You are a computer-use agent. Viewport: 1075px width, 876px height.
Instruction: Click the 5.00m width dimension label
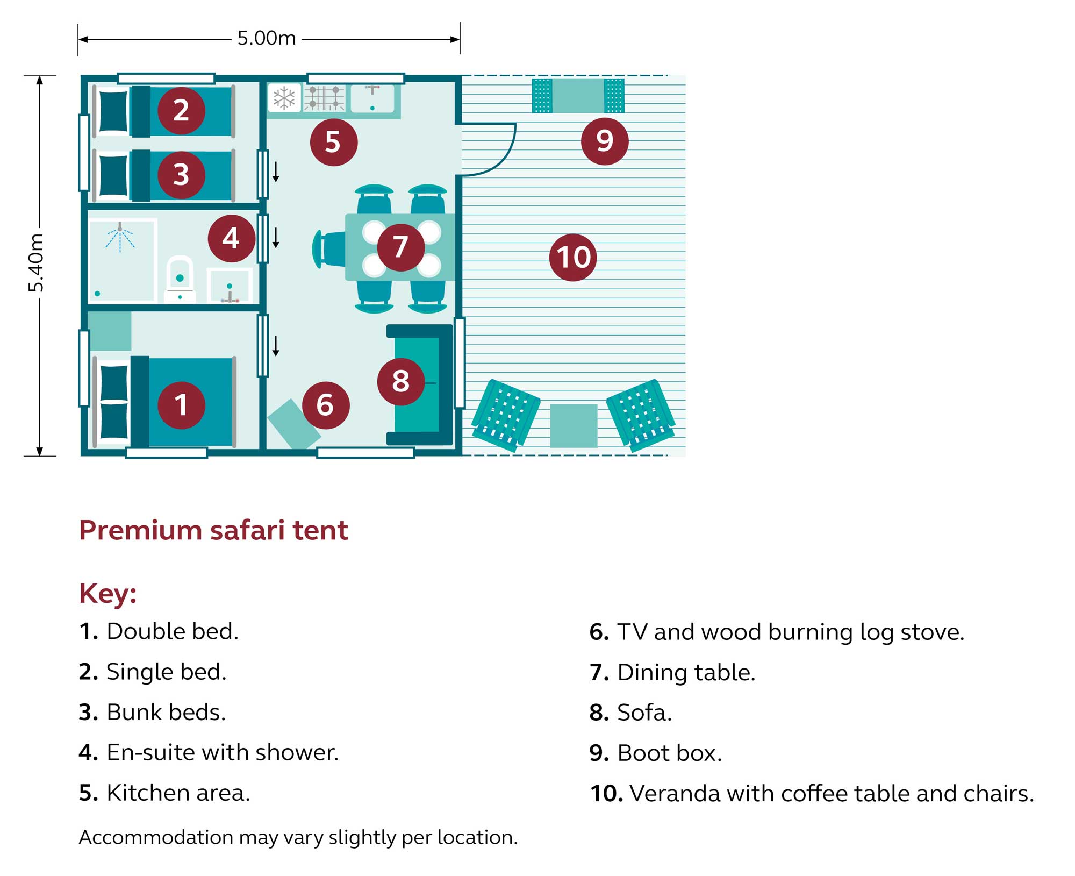(x=267, y=39)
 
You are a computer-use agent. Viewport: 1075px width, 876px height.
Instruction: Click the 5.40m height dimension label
(x=36, y=263)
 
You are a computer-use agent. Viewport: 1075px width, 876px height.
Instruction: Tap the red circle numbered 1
(x=181, y=405)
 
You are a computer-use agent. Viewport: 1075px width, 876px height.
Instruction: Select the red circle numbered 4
(x=231, y=238)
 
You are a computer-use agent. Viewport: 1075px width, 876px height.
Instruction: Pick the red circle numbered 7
(x=400, y=247)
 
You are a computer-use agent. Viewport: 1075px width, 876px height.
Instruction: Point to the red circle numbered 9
(x=605, y=141)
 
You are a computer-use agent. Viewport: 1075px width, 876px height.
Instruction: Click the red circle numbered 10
(x=573, y=257)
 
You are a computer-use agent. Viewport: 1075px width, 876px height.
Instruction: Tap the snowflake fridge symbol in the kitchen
(x=284, y=98)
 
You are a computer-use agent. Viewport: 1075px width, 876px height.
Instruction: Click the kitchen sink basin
(x=372, y=98)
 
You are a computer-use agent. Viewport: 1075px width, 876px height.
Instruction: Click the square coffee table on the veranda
(x=574, y=425)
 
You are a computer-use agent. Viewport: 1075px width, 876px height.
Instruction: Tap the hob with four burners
(x=324, y=98)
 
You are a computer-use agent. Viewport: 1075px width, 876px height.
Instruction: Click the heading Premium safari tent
(x=213, y=530)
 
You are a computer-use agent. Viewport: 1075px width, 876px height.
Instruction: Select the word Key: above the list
(x=107, y=593)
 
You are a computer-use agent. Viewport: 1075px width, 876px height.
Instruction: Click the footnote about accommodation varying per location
(x=298, y=837)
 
